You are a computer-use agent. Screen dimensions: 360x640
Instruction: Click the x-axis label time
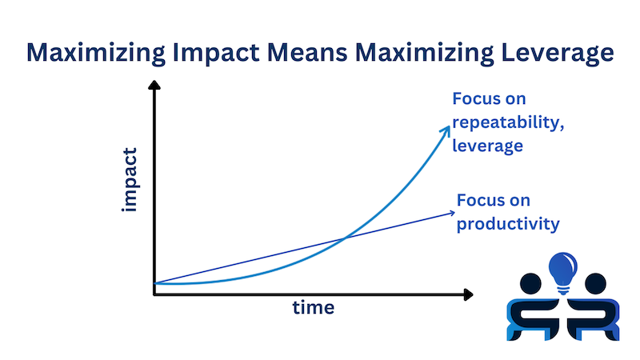(312, 307)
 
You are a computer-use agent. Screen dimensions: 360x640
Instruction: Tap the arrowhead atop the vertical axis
(154, 85)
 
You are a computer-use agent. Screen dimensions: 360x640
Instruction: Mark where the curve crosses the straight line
(345, 238)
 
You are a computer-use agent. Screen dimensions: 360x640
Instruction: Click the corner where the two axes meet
(154, 294)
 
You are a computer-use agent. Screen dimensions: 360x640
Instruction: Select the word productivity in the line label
(506, 223)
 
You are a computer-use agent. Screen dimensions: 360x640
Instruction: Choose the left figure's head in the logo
(531, 282)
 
